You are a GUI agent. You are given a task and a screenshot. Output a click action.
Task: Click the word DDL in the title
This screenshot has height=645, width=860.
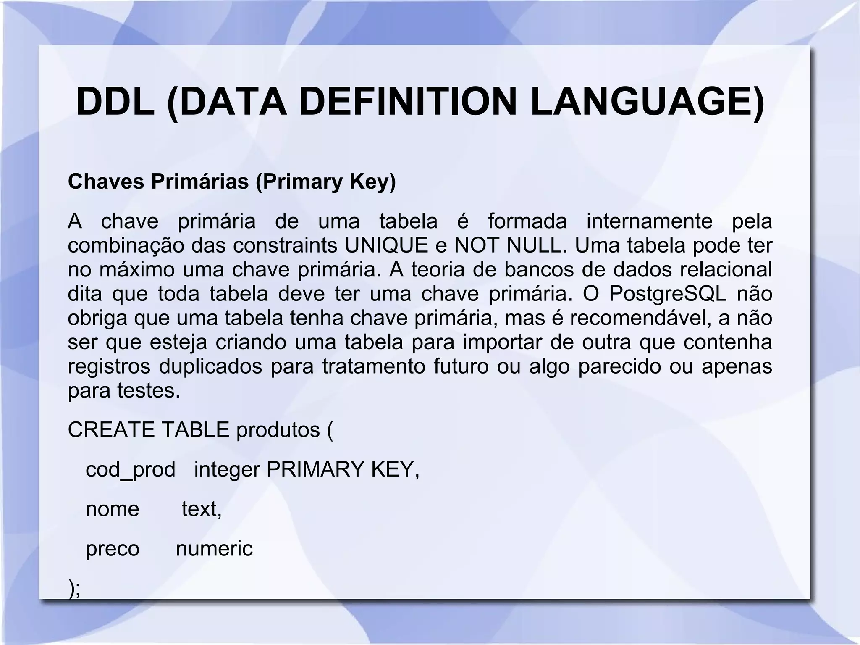coord(115,102)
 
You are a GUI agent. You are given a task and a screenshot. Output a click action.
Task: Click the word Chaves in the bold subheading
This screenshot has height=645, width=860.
coord(106,182)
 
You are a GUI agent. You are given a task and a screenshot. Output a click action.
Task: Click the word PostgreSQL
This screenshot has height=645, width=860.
coord(667,294)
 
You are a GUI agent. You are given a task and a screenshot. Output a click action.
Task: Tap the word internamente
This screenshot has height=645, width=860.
coord(649,221)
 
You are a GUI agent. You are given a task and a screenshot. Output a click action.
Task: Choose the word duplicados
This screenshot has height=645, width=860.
coord(210,366)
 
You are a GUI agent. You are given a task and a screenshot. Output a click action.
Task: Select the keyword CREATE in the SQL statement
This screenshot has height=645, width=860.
coord(111,430)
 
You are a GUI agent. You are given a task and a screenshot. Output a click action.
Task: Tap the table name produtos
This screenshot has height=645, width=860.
coord(278,430)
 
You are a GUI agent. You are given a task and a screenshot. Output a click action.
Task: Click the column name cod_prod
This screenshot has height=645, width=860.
coord(130,469)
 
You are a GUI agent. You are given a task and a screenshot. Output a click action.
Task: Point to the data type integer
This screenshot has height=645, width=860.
coord(227,469)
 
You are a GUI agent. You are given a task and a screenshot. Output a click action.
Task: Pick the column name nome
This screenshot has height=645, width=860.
coord(112,509)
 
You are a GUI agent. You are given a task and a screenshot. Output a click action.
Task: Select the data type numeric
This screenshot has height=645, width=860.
coord(214,549)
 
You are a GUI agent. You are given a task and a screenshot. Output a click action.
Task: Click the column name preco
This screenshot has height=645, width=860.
coord(112,549)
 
